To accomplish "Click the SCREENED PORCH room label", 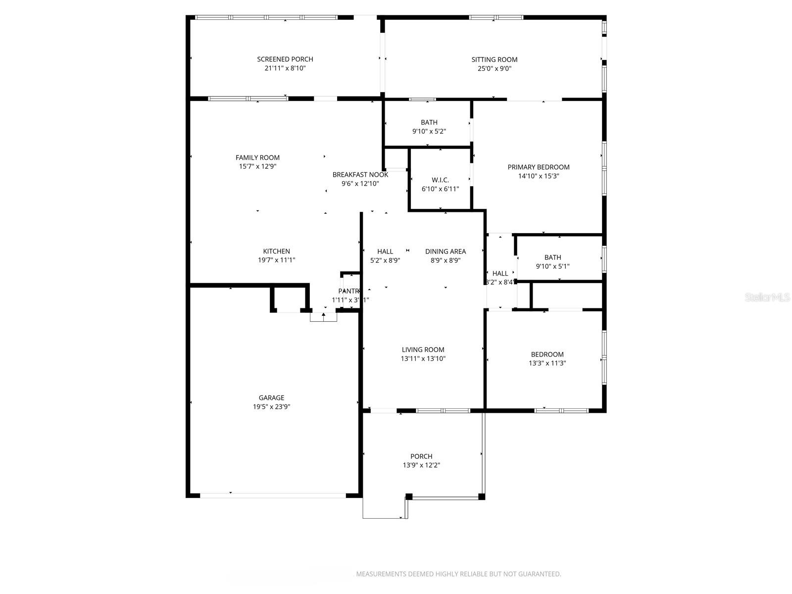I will pos(285,59).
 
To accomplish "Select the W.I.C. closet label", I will pos(440,180).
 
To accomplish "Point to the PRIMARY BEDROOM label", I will pos(539,167).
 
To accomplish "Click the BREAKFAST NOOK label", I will pos(360,175).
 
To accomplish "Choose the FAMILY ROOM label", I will pos(257,158).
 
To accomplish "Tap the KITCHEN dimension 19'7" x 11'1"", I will pos(276,260).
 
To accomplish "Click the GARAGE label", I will pos(271,398).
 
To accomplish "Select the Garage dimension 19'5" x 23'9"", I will pos(271,407).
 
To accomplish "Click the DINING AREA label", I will pos(445,251).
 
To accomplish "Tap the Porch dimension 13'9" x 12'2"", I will pos(421,465).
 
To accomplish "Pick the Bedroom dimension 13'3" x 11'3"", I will pos(547,363).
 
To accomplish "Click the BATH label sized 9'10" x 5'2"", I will pos(429,123).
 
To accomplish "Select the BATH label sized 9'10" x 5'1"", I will pos(552,257).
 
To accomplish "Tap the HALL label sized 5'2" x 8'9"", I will pos(385,251).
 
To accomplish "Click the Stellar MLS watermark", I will pos(768,297).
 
